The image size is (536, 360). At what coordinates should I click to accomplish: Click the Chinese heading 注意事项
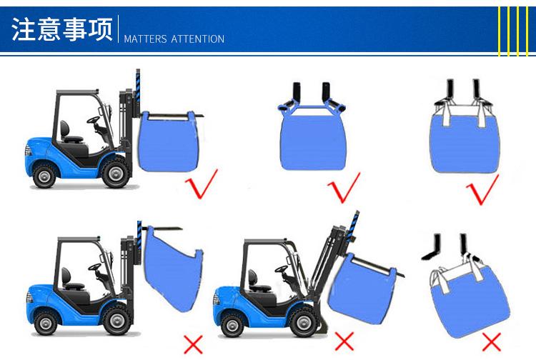pos(62,29)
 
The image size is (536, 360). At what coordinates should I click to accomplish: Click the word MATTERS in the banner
pos(145,39)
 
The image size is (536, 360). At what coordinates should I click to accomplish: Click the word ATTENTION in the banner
pos(197,39)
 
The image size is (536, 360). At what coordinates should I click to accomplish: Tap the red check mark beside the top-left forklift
pos(202,184)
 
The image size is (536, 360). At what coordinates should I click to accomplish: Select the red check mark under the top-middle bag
pos(344,188)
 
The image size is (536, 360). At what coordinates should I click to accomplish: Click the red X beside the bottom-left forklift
pos(193,344)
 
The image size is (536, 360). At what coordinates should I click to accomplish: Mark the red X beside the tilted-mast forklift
pos(344,341)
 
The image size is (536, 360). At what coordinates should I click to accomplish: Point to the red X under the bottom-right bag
pos(492,342)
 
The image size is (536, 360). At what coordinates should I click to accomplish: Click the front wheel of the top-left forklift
pos(116,174)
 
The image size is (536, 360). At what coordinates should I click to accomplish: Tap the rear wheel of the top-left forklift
pos(44,176)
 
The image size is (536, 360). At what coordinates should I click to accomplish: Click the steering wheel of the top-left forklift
pos(94,120)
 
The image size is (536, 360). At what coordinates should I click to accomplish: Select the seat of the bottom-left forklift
pos(71,280)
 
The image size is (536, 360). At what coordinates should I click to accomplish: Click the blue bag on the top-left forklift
pos(167,141)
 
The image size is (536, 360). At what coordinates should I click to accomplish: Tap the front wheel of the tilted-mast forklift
pos(303,322)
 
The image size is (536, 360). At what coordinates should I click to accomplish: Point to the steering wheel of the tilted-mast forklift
pos(282,269)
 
